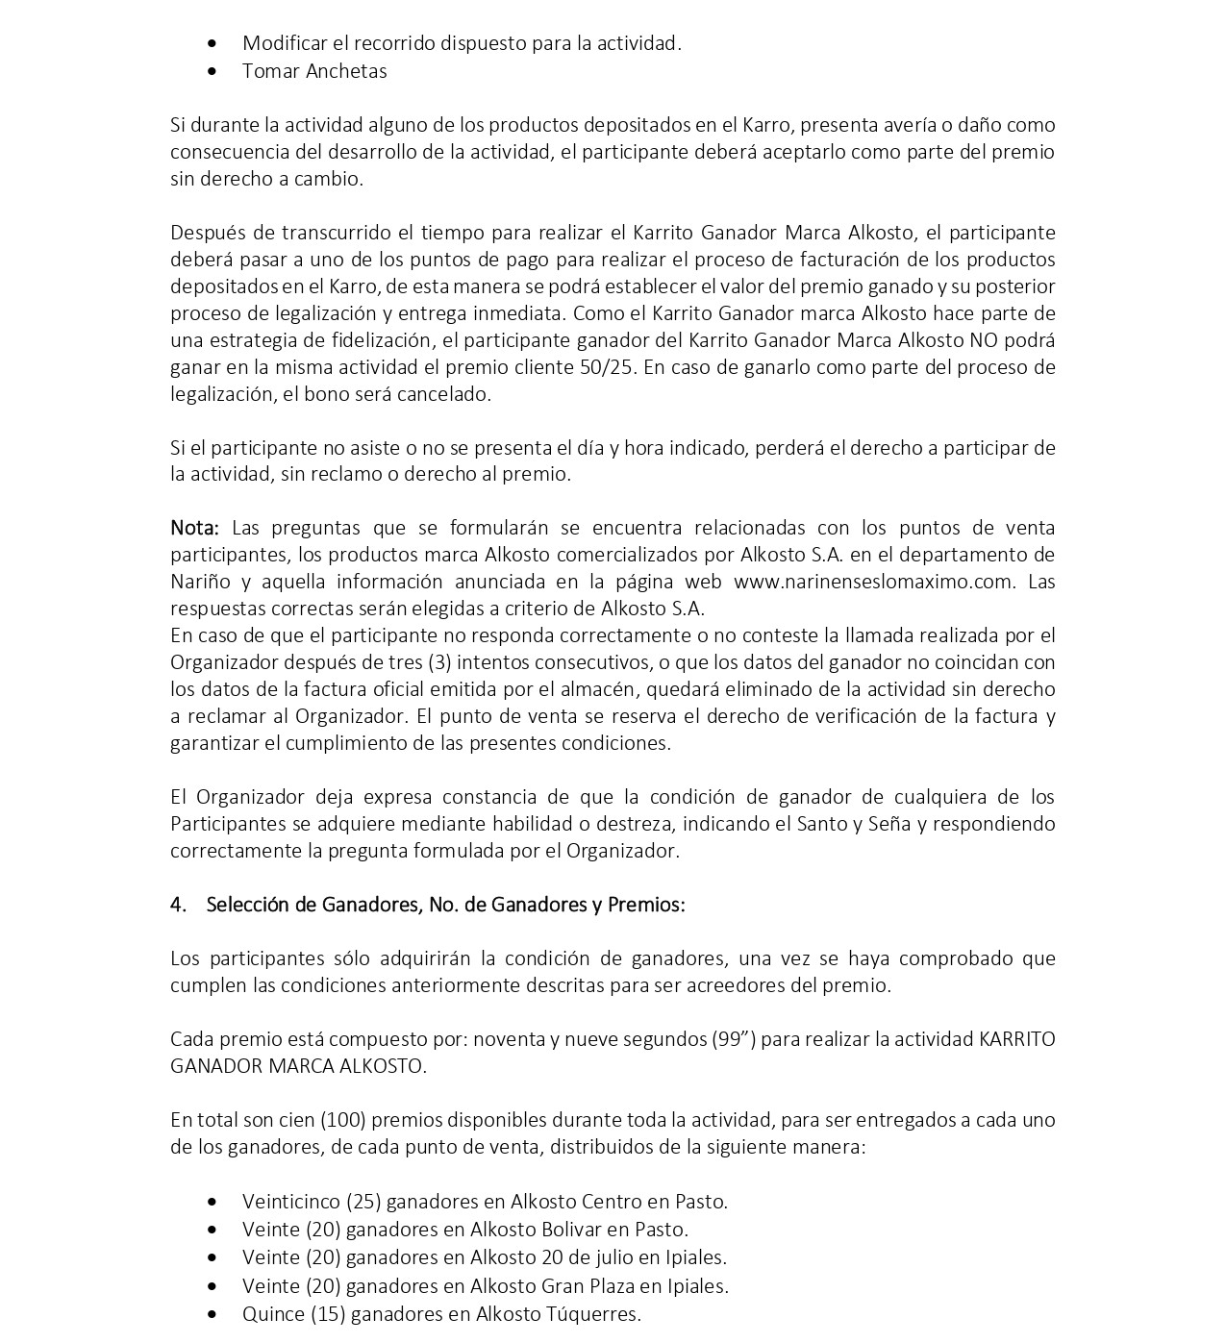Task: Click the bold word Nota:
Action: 195,528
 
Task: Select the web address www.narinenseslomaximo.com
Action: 873,582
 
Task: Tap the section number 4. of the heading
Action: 178,905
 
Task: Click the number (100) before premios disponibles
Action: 342,1120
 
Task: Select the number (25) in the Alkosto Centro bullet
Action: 364,1202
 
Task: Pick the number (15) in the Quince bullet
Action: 328,1314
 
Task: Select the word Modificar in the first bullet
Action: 284,43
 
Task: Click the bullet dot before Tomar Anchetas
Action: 213,71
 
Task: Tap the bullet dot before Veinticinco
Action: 213,1202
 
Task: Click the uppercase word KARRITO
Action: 1016,1039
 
